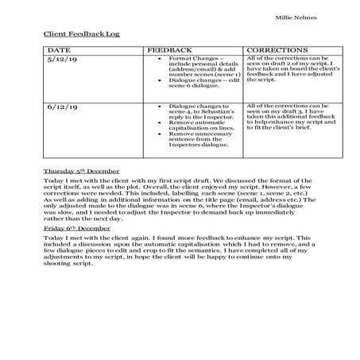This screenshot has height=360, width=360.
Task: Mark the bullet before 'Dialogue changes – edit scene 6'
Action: point(161,79)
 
